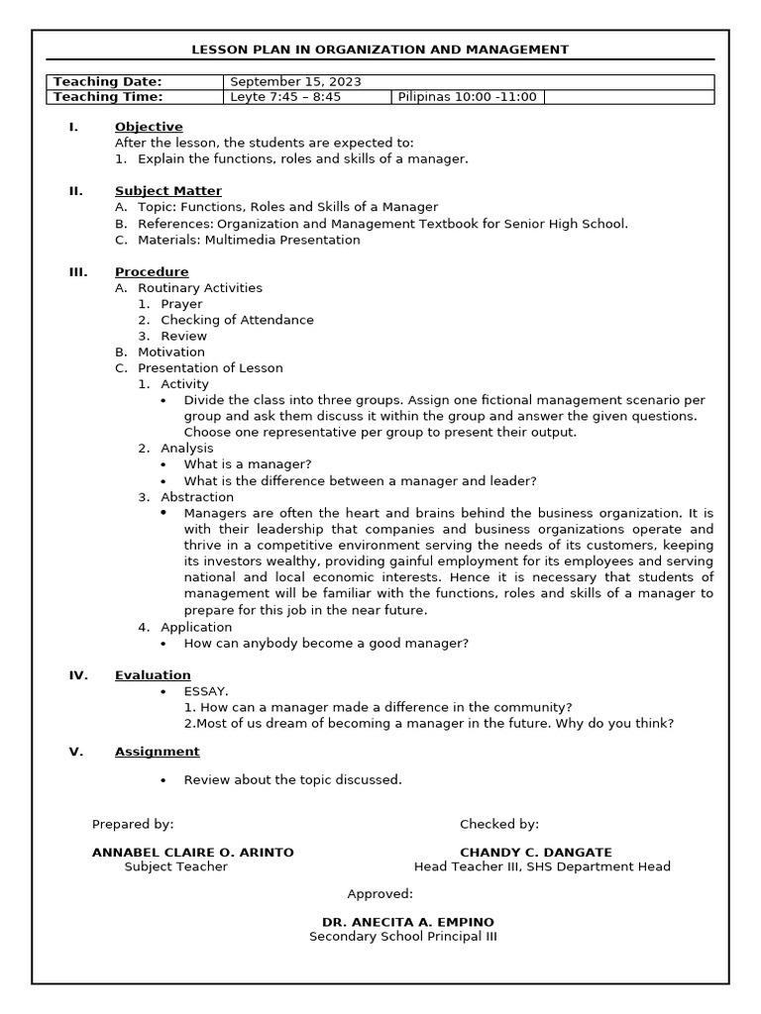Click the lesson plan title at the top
[x=380, y=50]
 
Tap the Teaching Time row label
[x=108, y=97]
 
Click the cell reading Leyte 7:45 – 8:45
[x=284, y=97]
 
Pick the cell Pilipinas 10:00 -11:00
[x=467, y=97]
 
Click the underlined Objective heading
[x=149, y=127]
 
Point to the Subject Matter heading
[x=168, y=191]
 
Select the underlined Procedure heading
[x=152, y=272]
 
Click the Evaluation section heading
[x=153, y=675]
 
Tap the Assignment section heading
[x=157, y=752]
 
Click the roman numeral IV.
[x=78, y=675]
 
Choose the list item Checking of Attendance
[x=237, y=320]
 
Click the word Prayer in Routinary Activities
[x=181, y=304]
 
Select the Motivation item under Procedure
[x=171, y=352]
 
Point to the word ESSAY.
[x=206, y=691]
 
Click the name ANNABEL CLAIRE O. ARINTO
[x=192, y=852]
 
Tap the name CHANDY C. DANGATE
[x=536, y=852]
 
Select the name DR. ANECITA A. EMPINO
[x=408, y=922]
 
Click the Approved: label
[x=380, y=894]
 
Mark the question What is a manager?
[x=248, y=464]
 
